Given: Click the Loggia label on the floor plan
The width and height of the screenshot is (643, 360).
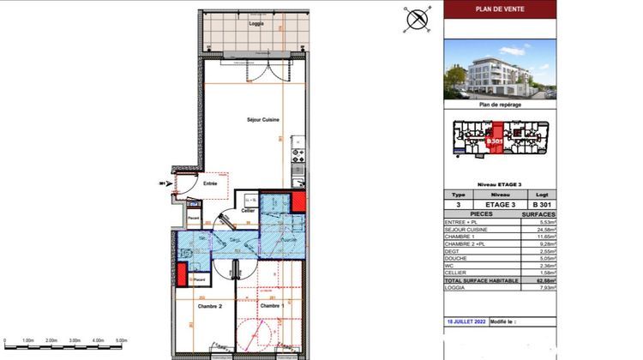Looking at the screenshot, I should coord(255,24).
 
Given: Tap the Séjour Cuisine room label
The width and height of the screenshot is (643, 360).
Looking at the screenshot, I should coord(257,120).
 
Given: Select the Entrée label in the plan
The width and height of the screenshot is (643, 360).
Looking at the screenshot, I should coord(209,183).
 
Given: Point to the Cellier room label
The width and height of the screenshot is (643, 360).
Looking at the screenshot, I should coord(249,210).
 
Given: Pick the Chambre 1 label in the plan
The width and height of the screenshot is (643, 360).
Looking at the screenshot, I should coord(271,306).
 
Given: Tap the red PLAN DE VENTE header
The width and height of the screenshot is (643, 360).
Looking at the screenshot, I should coord(501,9).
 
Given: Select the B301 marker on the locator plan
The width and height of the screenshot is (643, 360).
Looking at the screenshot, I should coord(494,140).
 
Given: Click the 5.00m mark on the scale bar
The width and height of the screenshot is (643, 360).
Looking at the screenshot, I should coord(121,341).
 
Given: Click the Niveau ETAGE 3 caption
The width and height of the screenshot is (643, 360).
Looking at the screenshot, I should coord(501,184).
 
